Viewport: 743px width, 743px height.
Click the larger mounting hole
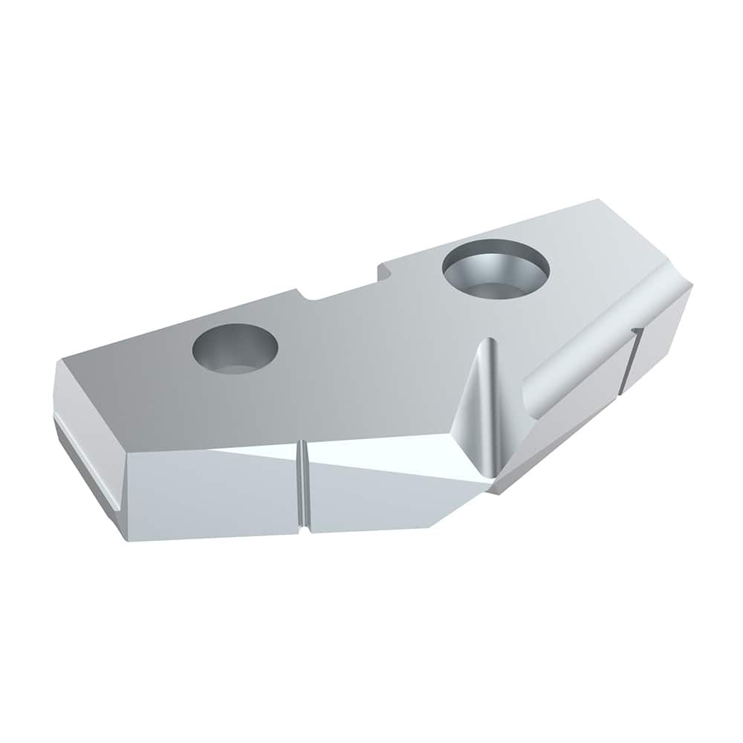pyautogui.click(x=496, y=268)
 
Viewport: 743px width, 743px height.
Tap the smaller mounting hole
pyautogui.click(x=235, y=348)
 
